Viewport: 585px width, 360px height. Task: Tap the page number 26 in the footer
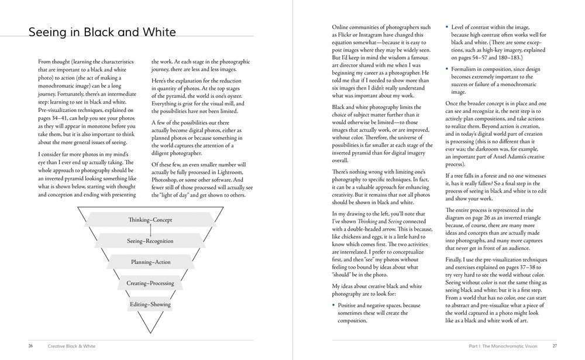click(x=30, y=346)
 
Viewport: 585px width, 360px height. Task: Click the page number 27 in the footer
click(x=555, y=346)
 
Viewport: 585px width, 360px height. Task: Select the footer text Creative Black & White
click(x=71, y=346)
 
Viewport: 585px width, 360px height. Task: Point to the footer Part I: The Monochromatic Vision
click(x=503, y=346)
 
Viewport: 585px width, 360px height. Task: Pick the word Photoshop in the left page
click(x=167, y=180)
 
